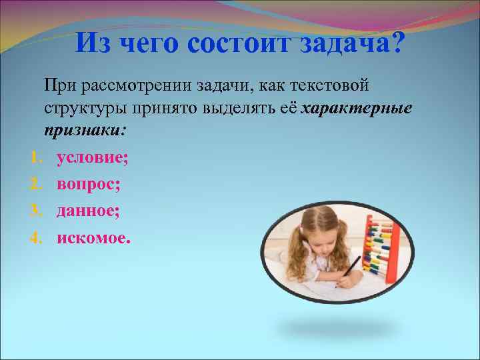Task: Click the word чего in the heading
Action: pyautogui.click(x=151, y=44)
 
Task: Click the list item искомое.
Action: pyautogui.click(x=94, y=237)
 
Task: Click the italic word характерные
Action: pyautogui.click(x=357, y=109)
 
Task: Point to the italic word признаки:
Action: pyautogui.click(x=84, y=131)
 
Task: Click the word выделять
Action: pyautogui.click(x=249, y=109)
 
